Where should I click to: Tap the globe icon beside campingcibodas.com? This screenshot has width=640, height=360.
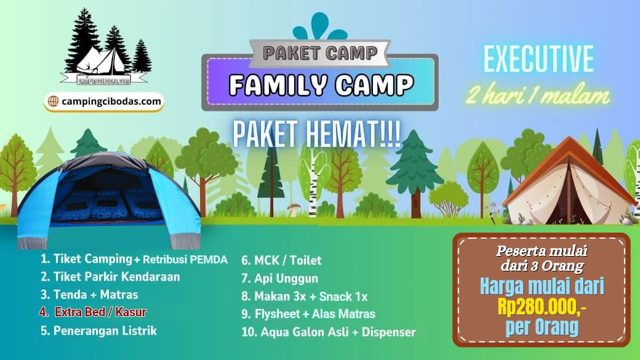(53, 101)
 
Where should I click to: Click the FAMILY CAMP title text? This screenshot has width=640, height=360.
(321, 85)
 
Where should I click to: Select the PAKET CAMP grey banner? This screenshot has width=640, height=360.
(320, 53)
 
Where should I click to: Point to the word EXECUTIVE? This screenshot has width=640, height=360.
(539, 59)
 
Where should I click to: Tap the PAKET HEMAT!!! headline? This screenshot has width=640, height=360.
(316, 134)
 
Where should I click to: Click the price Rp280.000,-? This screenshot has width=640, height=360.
(542, 306)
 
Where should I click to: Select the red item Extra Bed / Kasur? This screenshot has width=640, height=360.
(93, 312)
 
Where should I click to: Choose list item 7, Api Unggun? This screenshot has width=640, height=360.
(279, 278)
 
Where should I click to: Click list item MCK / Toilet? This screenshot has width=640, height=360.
(281, 260)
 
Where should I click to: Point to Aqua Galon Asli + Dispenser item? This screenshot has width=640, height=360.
(329, 332)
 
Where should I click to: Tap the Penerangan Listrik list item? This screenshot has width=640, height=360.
(99, 330)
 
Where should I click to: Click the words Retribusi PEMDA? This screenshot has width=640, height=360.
(185, 259)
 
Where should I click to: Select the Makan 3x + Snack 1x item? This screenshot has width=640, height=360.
(305, 297)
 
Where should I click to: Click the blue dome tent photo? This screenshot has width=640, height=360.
(108, 200)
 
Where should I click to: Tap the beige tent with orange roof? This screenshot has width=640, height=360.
(569, 183)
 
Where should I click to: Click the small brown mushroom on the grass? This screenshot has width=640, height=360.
(294, 209)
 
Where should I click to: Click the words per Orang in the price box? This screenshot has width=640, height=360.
(542, 327)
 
